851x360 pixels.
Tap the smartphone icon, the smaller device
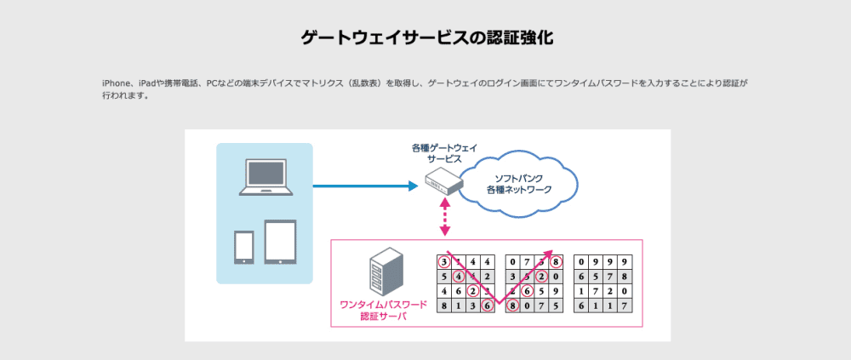pos(243,246)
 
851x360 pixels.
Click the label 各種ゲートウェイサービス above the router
pos(439,153)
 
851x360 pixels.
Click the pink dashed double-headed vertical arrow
pos(443,220)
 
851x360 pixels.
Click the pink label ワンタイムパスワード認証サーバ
pos(374,310)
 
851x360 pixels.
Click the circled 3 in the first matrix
pos(443,261)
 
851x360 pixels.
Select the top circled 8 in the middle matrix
pos(556,261)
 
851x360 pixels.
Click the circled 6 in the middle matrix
pos(527,291)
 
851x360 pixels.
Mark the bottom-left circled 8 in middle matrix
pos(512,306)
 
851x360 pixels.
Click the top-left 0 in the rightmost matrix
pos(581,261)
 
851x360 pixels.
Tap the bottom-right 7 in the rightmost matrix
pos(625,306)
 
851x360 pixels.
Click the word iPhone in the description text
pos(115,83)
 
